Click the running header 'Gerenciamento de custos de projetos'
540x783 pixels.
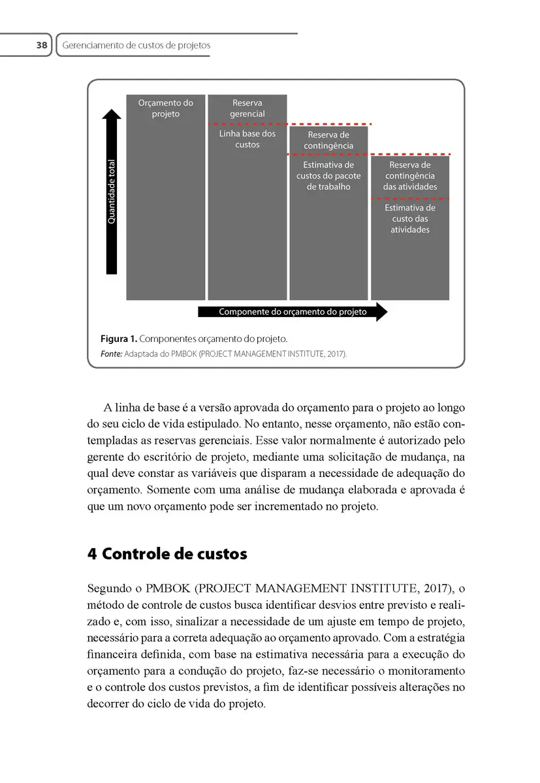(x=136, y=46)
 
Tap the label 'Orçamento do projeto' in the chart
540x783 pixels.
(x=165, y=108)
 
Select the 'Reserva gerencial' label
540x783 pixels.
(x=247, y=108)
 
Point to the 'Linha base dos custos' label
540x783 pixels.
(x=247, y=139)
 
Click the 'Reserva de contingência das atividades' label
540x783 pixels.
(x=410, y=176)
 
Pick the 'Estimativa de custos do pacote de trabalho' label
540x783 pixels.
(x=328, y=176)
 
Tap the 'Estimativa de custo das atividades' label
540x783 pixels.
(x=410, y=219)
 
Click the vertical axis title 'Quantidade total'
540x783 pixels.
(x=112, y=192)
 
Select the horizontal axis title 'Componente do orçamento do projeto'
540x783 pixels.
(x=293, y=312)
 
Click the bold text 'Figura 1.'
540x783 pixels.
(x=118, y=339)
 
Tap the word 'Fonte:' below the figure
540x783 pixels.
(x=111, y=354)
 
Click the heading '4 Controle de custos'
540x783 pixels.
(x=167, y=554)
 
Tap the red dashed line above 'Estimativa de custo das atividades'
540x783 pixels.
(x=410, y=198)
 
